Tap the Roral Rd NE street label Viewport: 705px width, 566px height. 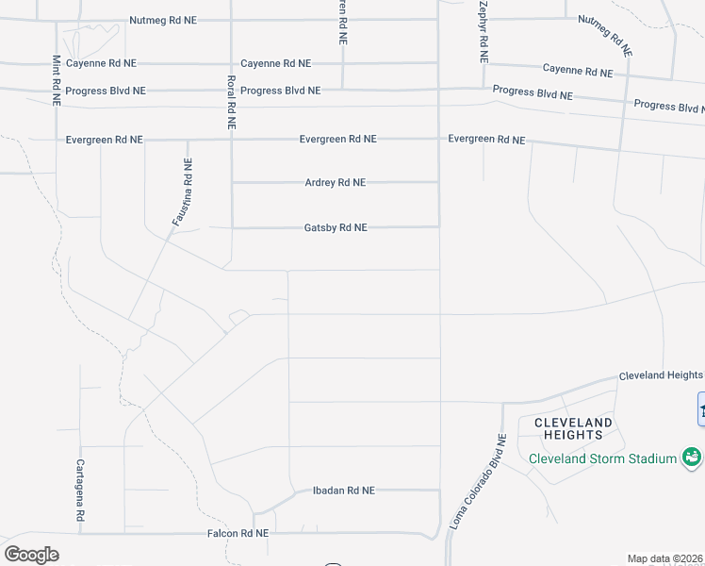click(x=230, y=102)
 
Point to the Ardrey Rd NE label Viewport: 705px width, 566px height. click(x=335, y=183)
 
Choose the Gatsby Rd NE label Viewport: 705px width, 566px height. click(x=335, y=228)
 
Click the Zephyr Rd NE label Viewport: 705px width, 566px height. click(x=483, y=31)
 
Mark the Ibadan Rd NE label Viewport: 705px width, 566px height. click(x=343, y=491)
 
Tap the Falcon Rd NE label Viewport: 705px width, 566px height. click(x=238, y=534)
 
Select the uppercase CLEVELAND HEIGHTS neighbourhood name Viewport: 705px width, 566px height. click(x=573, y=428)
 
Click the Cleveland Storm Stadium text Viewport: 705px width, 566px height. click(x=602, y=459)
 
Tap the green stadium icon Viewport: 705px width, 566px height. click(x=692, y=458)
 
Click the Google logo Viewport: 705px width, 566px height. click(x=31, y=554)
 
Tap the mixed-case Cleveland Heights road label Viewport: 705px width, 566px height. click(x=660, y=375)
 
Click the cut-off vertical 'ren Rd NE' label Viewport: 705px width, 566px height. click(x=343, y=24)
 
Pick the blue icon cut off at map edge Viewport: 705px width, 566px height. click(x=701, y=408)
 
